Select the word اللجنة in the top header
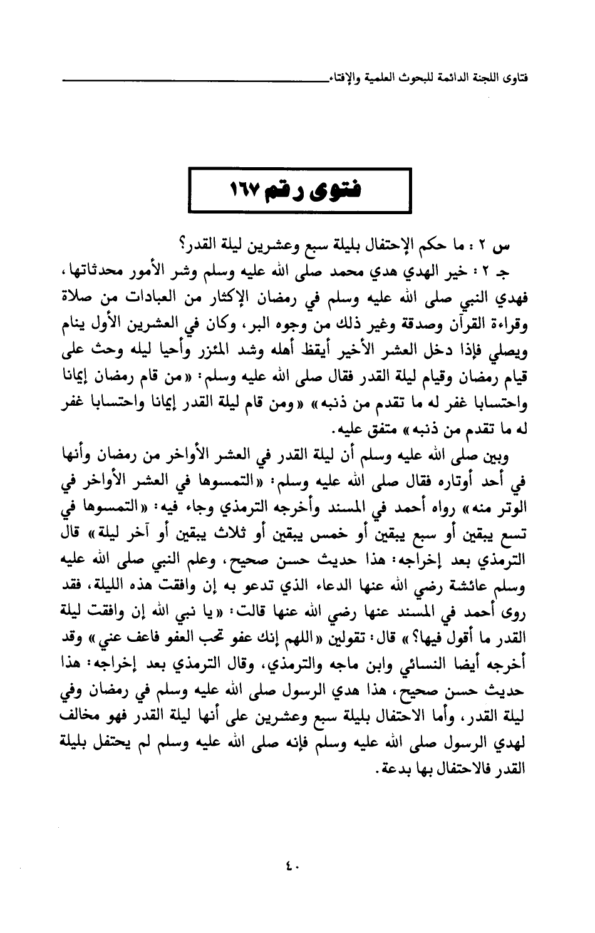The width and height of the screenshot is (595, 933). pos(483,81)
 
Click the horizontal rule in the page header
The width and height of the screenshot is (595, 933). pos(188,80)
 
